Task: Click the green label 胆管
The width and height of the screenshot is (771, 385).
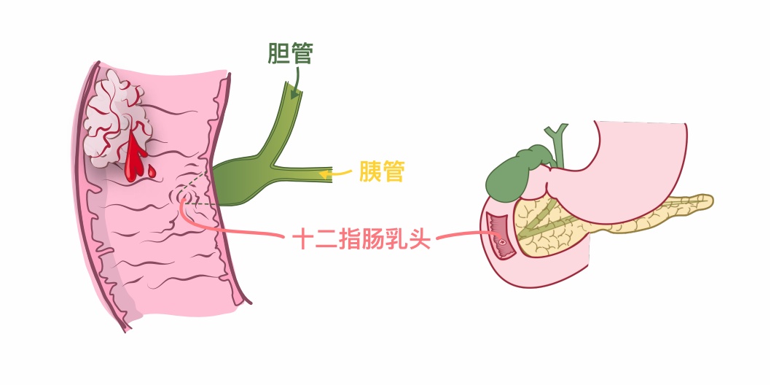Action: pyautogui.click(x=290, y=53)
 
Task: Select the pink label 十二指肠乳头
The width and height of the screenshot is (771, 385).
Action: pyautogui.click(x=361, y=238)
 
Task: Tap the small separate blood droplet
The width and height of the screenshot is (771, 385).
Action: pyautogui.click(x=152, y=172)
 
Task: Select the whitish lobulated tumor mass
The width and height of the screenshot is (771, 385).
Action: pyautogui.click(x=117, y=120)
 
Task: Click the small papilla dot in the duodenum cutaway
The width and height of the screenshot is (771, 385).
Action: pyautogui.click(x=501, y=241)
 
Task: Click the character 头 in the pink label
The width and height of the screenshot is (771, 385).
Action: pyautogui.click(x=420, y=238)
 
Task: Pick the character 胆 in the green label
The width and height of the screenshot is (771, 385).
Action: pyautogui.click(x=278, y=53)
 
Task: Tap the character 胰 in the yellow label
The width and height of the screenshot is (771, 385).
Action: pyautogui.click(x=370, y=172)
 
